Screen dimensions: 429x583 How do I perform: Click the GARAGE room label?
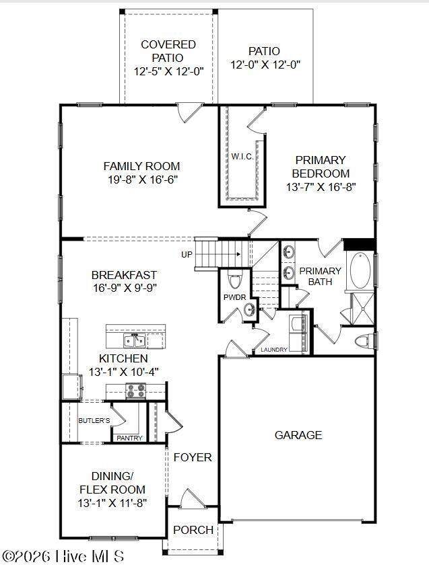[x=298, y=435]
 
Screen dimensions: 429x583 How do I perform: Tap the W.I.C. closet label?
[x=242, y=157]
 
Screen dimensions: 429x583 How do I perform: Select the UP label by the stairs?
[x=187, y=255]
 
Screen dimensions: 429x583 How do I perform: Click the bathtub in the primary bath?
[x=360, y=270]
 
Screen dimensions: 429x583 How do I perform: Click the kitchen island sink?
[x=135, y=340]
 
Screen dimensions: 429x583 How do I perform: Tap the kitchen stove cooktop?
[x=135, y=391]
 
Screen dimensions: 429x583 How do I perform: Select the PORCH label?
[x=193, y=530]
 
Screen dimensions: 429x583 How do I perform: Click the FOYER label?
[x=193, y=457]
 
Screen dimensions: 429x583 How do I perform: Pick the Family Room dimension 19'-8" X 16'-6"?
[x=143, y=180]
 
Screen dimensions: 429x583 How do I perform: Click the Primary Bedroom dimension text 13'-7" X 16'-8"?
[x=321, y=187]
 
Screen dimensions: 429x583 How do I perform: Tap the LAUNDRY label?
[x=274, y=350]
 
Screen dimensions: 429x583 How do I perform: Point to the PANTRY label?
[x=129, y=438]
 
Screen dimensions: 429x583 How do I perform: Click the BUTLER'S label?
[x=94, y=420]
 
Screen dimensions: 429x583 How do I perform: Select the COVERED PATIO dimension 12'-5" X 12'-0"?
[x=168, y=71]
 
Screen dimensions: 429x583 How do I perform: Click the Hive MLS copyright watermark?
[x=63, y=557]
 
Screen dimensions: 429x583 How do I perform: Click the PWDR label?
[x=234, y=297]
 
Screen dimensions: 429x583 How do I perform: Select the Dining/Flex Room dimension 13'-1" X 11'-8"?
[x=112, y=503]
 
